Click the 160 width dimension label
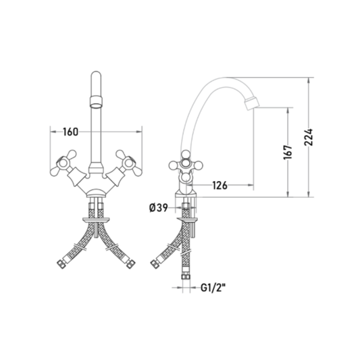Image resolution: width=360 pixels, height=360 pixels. point(71,132)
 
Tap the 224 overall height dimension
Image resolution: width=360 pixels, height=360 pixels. point(309,137)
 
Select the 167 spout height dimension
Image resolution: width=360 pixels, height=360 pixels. point(288,152)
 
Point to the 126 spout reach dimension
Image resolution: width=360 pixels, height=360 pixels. point(220,185)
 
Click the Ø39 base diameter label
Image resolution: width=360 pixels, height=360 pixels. point(159,208)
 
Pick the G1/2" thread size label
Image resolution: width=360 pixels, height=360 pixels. point(213,288)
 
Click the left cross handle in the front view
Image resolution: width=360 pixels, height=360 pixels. point(63,163)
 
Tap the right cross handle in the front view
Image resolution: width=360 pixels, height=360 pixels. point(128,163)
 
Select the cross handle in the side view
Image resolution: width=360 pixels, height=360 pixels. point(186,164)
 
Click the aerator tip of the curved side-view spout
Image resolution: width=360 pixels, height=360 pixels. point(252,103)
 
